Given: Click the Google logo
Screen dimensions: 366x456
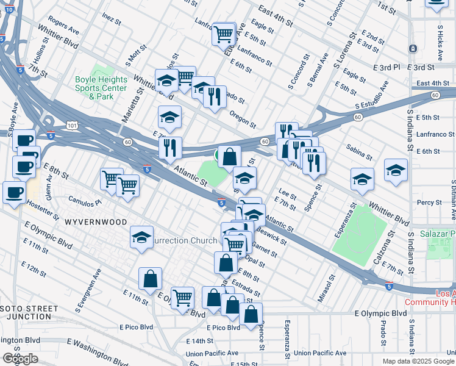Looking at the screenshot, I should [20, 359].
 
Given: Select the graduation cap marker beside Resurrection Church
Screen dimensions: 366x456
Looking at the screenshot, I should [141, 237].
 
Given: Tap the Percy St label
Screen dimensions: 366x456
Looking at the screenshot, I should [429, 203].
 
